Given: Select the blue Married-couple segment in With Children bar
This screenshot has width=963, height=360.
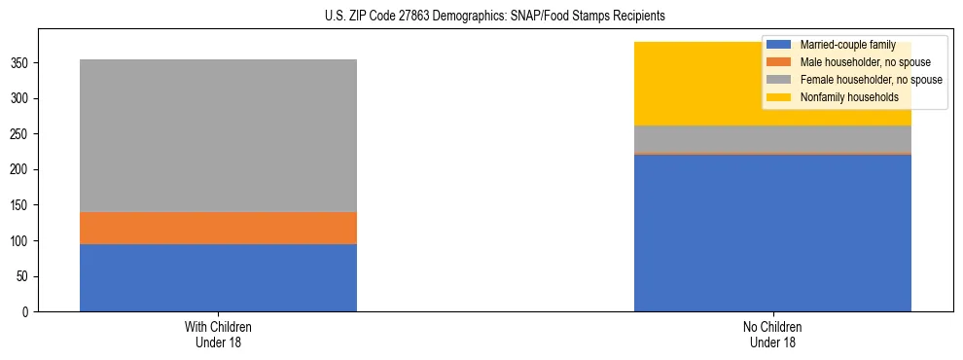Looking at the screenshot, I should click(x=218, y=277).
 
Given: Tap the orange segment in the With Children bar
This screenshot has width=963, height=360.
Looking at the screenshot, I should click(x=218, y=228).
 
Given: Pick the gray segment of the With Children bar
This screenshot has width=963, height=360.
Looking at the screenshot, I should click(x=218, y=135).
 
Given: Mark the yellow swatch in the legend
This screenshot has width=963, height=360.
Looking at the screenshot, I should click(x=779, y=97).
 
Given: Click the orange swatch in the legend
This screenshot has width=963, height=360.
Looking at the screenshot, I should click(x=779, y=62).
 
